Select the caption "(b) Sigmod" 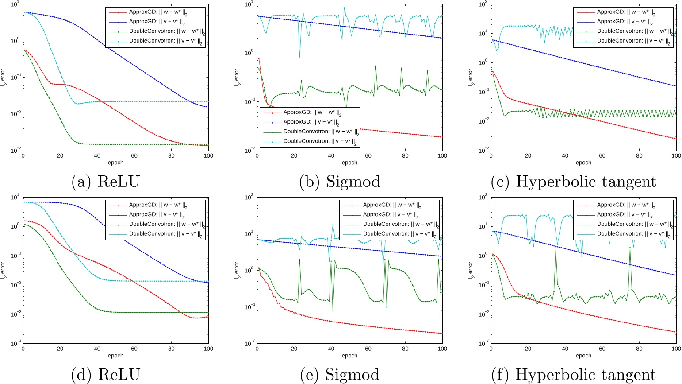coord(339,182)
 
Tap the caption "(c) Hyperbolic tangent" coord(573,182)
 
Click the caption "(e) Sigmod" coord(339,375)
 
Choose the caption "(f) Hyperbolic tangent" coord(573,375)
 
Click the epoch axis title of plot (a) coord(115,163)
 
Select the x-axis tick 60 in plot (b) coord(368,156)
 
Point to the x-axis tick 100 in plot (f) coord(676,349)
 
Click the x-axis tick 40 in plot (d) coord(97,349)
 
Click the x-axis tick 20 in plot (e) coord(294,349)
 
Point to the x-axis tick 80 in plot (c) coord(639,156)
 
